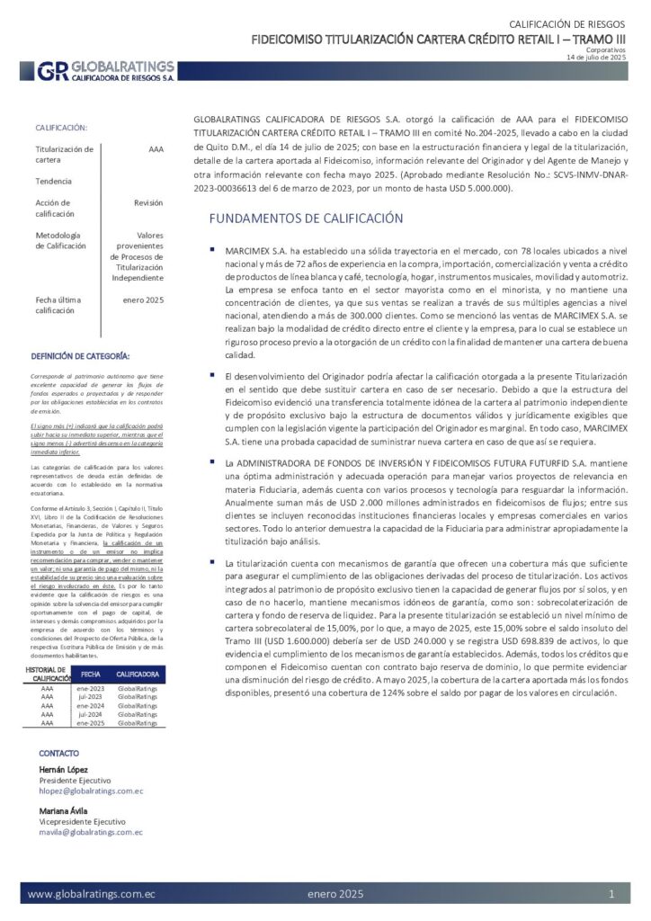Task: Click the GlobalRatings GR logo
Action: coord(52,71)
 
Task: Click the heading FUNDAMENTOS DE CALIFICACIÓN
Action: coord(306,219)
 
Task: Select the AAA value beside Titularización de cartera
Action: coord(155,149)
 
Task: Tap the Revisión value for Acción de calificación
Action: coord(148,203)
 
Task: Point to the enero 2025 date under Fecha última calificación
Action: coord(143,299)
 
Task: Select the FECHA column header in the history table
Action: coord(91,674)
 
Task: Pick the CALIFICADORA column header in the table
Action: coord(138,674)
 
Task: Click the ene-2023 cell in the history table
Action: coord(91,687)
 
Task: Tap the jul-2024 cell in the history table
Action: coord(91,714)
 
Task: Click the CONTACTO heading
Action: coord(58,753)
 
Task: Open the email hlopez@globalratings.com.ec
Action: coord(91,791)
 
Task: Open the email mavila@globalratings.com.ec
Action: coord(91,833)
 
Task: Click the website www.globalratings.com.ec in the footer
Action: coord(92,895)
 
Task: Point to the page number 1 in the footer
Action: coord(611,895)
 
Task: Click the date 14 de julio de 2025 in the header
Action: coord(595,57)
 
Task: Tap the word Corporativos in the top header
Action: coord(605,49)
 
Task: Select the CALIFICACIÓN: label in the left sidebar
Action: coord(61,129)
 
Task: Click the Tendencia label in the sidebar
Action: coord(54,181)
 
